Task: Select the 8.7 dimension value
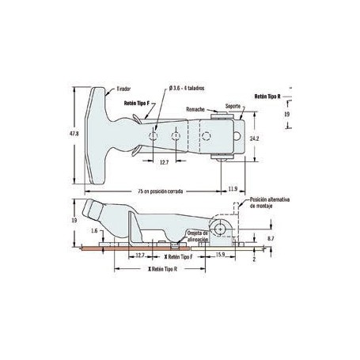tap(271, 237)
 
